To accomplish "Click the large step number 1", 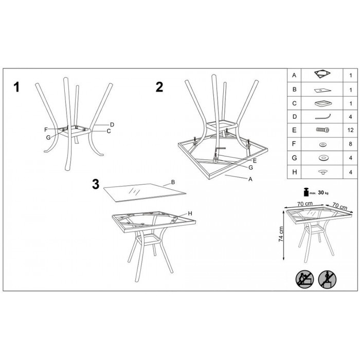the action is tap(16, 87).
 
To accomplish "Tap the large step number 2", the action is tap(159, 87).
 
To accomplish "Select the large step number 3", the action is tap(96, 184).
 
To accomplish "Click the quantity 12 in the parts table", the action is tap(350, 130).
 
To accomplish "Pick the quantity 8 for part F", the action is tap(350, 144).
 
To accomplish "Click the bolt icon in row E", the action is tap(322, 130).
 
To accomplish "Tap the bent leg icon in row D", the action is tap(323, 116).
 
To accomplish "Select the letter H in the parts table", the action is tap(295, 172).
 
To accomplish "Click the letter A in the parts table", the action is tap(294, 75).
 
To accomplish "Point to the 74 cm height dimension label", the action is tap(281, 234).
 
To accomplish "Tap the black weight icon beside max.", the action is tap(306, 192).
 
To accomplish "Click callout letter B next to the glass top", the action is tap(173, 182).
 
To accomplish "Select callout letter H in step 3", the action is tap(190, 213).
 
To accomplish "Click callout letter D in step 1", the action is tap(112, 124).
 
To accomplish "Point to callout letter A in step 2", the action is tap(250, 179).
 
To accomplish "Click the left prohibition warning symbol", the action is tap(304, 279).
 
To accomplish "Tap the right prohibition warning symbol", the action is tap(327, 279).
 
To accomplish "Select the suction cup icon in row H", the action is tap(322, 172).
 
